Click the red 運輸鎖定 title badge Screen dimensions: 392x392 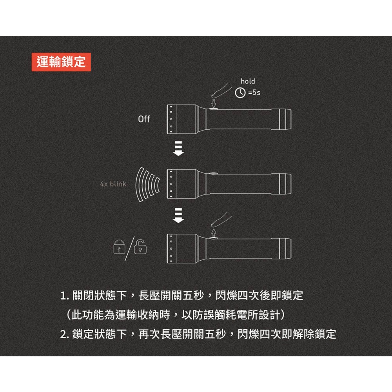point(61,62)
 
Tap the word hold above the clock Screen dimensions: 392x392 point(247,81)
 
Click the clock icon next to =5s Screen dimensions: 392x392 point(240,93)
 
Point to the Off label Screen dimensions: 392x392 point(144,119)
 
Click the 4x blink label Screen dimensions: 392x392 point(113,183)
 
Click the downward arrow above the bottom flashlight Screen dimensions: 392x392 point(178,216)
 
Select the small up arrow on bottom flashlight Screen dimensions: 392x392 point(214,233)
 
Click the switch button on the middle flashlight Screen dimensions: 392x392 point(214,173)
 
